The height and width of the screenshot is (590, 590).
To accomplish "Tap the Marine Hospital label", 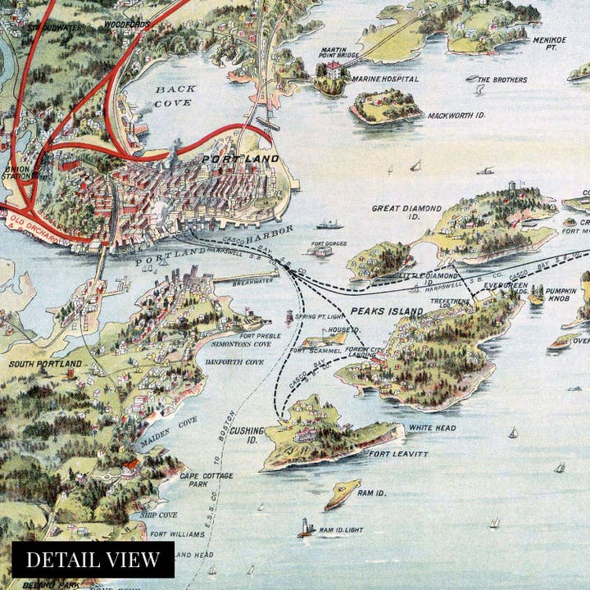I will click(384, 79).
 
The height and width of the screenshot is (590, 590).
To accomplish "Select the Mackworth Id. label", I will click(456, 116).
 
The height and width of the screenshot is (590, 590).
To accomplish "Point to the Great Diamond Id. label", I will click(406, 213).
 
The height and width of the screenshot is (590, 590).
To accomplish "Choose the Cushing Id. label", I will click(246, 434).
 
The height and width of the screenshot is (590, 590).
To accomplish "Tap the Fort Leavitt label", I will click(397, 454).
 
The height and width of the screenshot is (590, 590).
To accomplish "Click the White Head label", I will click(432, 428).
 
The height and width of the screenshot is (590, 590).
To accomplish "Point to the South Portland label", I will click(45, 363).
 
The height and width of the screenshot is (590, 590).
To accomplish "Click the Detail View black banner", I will click(93, 560).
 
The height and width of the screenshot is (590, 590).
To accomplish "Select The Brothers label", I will click(501, 79).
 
